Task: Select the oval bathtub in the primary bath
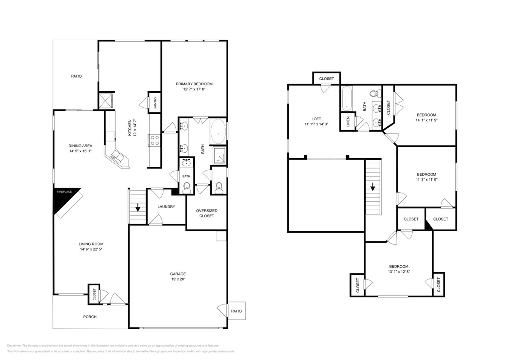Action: pos(219,133)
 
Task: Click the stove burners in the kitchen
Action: pos(154,140)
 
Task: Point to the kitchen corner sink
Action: pos(116,157)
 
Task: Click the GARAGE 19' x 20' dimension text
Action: pos(178,279)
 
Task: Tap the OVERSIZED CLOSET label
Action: pos(207,213)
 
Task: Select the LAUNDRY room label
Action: pos(166,207)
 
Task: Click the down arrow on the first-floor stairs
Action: pos(138,209)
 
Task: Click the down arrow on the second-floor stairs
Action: pos(372,187)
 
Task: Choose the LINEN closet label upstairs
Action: pos(348,122)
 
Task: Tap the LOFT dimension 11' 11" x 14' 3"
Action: pos(316,125)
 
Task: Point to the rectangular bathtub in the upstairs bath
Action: pos(346,98)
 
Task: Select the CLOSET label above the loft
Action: pos(326,79)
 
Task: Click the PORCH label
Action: pos(90,317)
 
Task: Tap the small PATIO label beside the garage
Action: pos(236,311)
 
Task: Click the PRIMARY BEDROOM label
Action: pos(194,84)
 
